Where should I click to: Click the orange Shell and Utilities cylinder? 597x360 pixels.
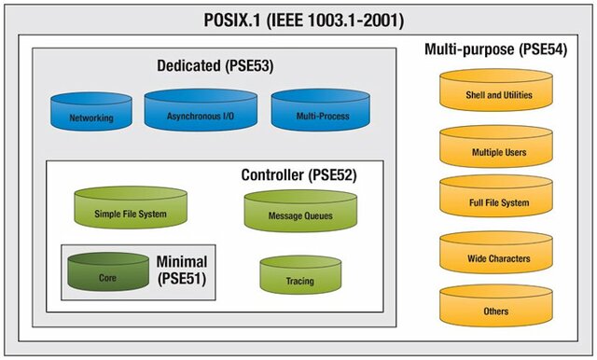click(496, 91)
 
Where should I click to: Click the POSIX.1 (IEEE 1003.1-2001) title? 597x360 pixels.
click(303, 20)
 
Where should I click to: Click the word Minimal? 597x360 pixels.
click(183, 261)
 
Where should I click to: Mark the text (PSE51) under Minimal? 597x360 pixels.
click(183, 279)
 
